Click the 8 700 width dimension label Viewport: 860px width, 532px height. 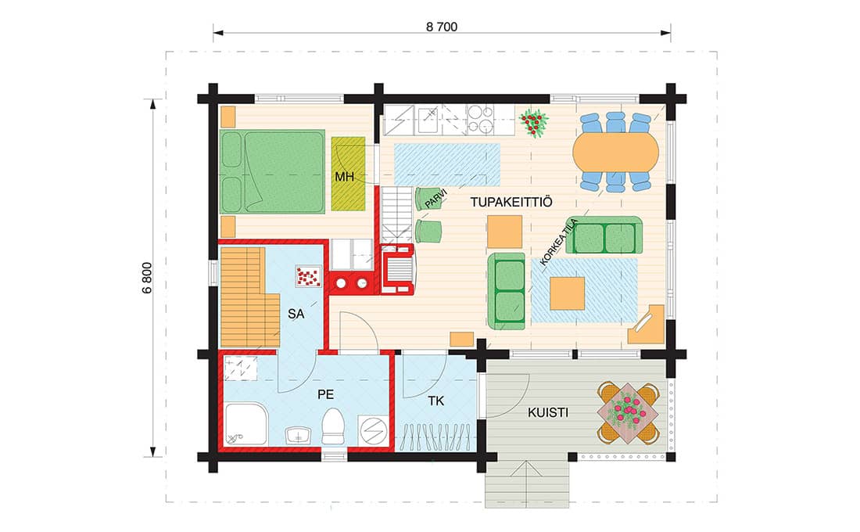point(442,27)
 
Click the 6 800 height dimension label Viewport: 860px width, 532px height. point(147,278)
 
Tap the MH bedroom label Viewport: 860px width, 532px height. point(345,177)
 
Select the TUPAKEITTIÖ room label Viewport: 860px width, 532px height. point(511,202)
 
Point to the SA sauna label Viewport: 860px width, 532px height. point(296,314)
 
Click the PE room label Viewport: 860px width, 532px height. point(326,394)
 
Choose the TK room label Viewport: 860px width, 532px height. point(436,401)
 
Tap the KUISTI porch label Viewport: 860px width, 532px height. point(548,412)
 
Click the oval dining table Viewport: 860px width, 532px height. point(616,152)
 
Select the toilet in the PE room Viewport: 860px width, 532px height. point(333,426)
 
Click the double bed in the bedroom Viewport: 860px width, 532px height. point(273,171)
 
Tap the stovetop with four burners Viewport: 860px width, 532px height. point(481,120)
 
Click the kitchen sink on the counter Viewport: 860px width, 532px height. point(428,120)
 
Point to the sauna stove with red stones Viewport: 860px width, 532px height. point(308,276)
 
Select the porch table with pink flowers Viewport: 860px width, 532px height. point(628,413)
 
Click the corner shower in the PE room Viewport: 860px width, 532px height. point(245,424)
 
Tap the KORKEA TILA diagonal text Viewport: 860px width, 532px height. point(559,242)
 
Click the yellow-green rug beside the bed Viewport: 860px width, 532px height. point(348,174)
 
